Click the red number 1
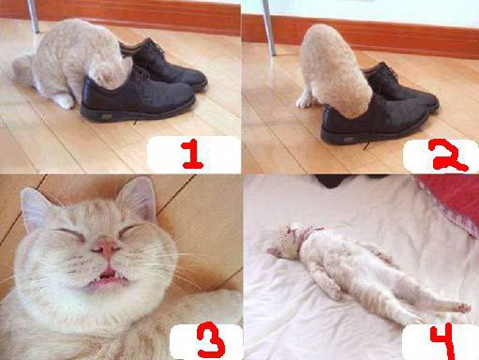pos(191,154)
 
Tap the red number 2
pos(450,156)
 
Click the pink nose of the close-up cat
pos(106,247)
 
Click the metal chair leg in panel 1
pos(33,16)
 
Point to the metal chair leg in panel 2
pos(269,27)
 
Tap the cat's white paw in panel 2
pos(304,101)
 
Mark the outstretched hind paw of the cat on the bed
pos(462,307)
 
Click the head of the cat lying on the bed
pos(286,241)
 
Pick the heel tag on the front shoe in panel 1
pos(107,117)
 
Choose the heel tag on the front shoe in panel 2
pos(349,140)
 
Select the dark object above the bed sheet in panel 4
pos(331,181)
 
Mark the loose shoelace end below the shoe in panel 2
pos(367,145)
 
